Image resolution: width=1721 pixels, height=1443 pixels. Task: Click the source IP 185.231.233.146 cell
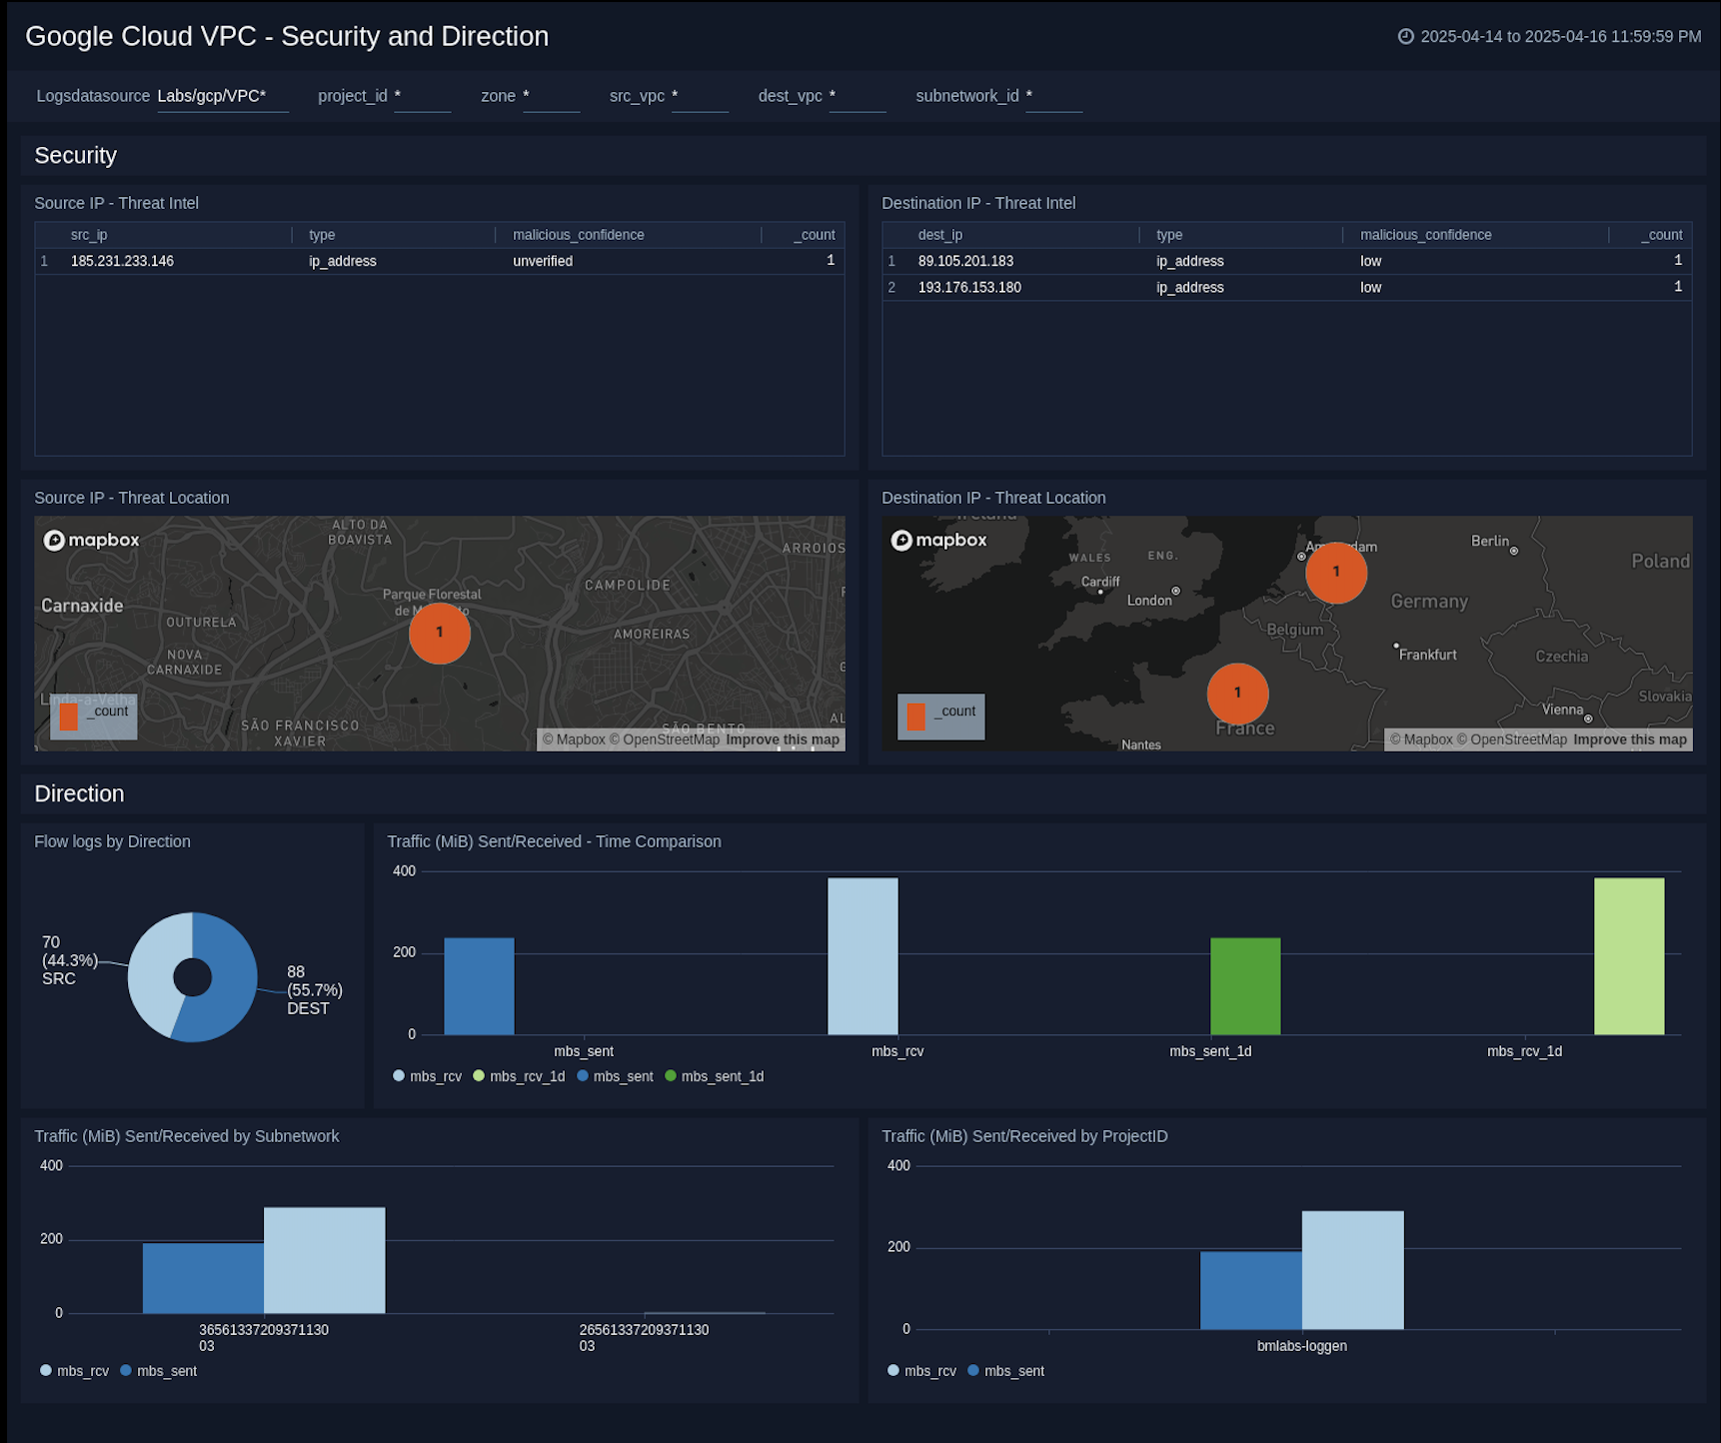pos(122,261)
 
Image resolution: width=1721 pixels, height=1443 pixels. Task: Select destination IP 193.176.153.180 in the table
pos(968,287)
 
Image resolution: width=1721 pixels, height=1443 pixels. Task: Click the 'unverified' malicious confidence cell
pos(543,261)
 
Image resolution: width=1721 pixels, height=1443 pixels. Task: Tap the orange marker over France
pos(1237,694)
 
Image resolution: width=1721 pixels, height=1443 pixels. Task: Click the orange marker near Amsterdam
pos(1335,573)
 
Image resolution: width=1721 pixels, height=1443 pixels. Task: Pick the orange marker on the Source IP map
pos(439,634)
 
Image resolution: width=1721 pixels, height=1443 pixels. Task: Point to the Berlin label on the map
pos(1489,541)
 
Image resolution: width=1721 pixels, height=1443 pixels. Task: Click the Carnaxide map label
pos(82,606)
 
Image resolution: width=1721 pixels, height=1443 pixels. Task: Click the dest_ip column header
pos(939,235)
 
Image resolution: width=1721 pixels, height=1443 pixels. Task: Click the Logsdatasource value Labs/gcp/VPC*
pos(212,96)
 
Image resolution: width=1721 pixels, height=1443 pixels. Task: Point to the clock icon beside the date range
pos(1405,37)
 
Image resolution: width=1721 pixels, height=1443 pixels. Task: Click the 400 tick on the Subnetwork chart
pos(51,1165)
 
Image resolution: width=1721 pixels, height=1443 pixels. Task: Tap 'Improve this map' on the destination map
pos(1629,739)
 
